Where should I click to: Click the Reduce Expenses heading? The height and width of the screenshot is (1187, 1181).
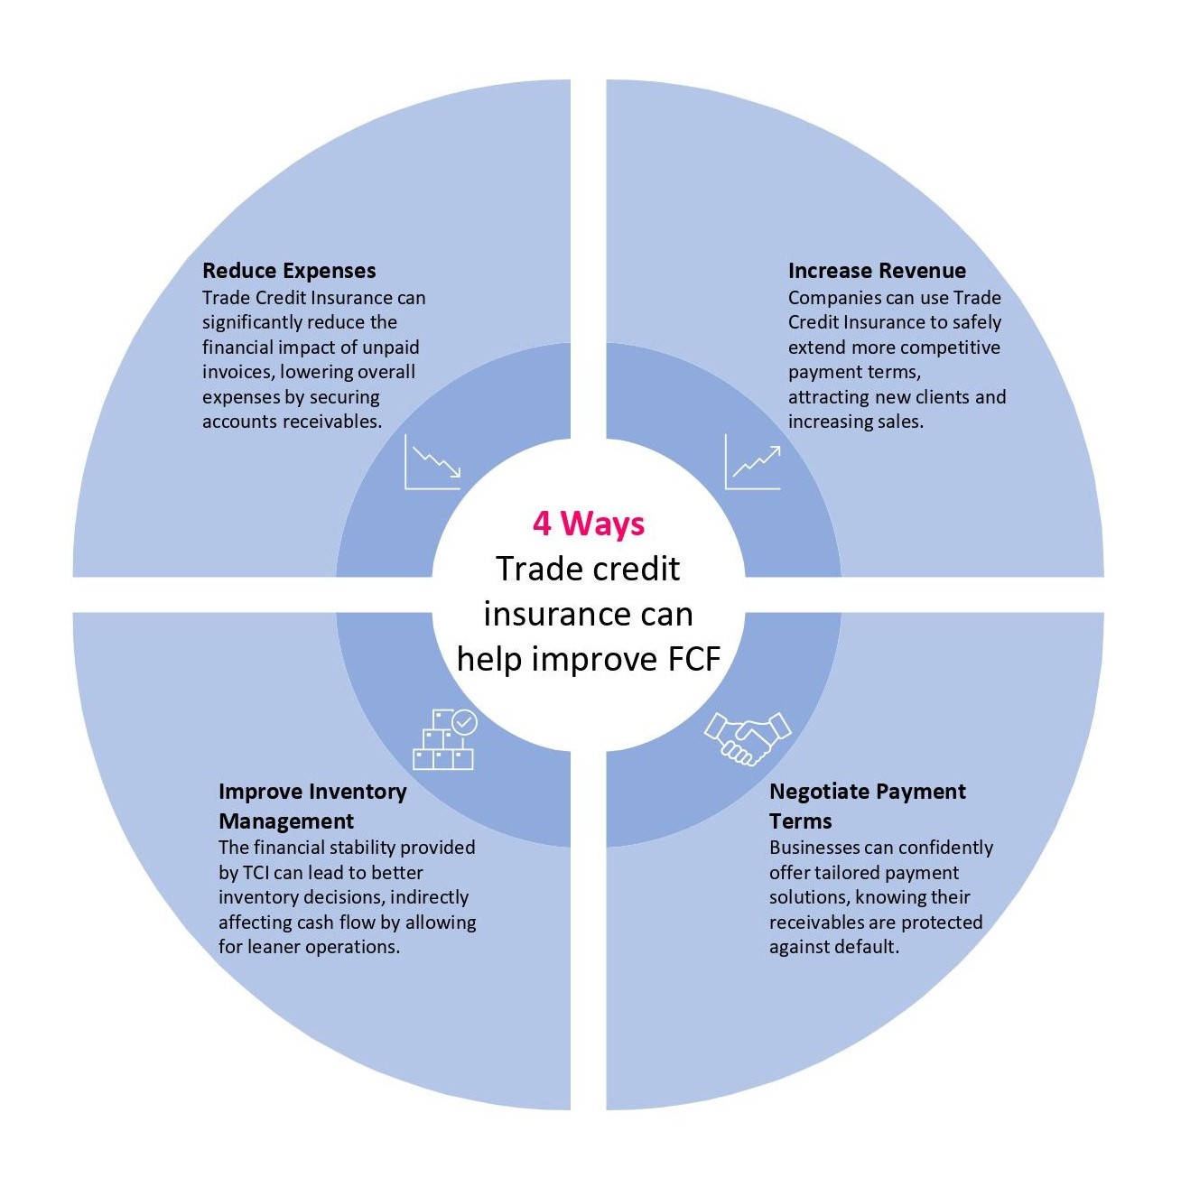(289, 271)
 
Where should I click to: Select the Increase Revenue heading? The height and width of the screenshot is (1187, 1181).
(877, 271)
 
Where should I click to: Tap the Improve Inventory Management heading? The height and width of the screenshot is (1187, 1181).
(312, 806)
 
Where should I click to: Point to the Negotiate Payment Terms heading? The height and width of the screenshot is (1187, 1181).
(867, 806)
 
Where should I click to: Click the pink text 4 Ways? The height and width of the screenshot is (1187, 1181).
(589, 524)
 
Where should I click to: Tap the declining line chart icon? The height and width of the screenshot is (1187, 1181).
(432, 462)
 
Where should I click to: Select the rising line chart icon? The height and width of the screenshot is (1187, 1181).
(753, 462)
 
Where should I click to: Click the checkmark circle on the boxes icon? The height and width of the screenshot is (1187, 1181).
(465, 722)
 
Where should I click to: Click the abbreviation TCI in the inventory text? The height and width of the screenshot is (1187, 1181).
(253, 873)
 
